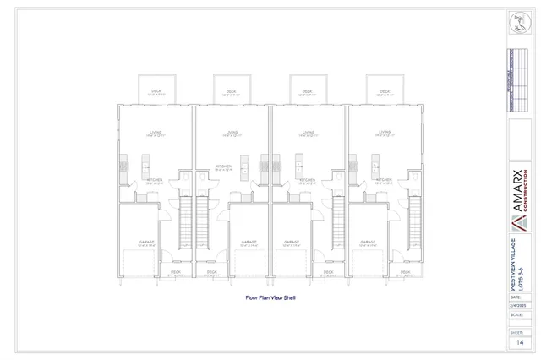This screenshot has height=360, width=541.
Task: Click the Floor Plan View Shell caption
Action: click(270, 297)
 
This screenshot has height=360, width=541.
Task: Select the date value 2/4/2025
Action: click(517, 306)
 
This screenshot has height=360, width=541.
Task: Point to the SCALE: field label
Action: click(516, 314)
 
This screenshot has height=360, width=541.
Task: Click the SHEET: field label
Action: click(516, 333)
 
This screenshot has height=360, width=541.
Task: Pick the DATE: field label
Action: click(516, 297)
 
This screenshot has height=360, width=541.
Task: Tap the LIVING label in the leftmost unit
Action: click(156, 132)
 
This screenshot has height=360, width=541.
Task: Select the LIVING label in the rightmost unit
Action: click(385, 132)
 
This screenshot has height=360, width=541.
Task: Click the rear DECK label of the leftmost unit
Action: click(156, 90)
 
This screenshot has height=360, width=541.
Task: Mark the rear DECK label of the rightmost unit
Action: click(385, 90)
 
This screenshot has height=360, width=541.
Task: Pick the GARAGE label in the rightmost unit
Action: click(368, 242)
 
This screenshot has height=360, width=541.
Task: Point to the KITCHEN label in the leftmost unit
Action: click(155, 180)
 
